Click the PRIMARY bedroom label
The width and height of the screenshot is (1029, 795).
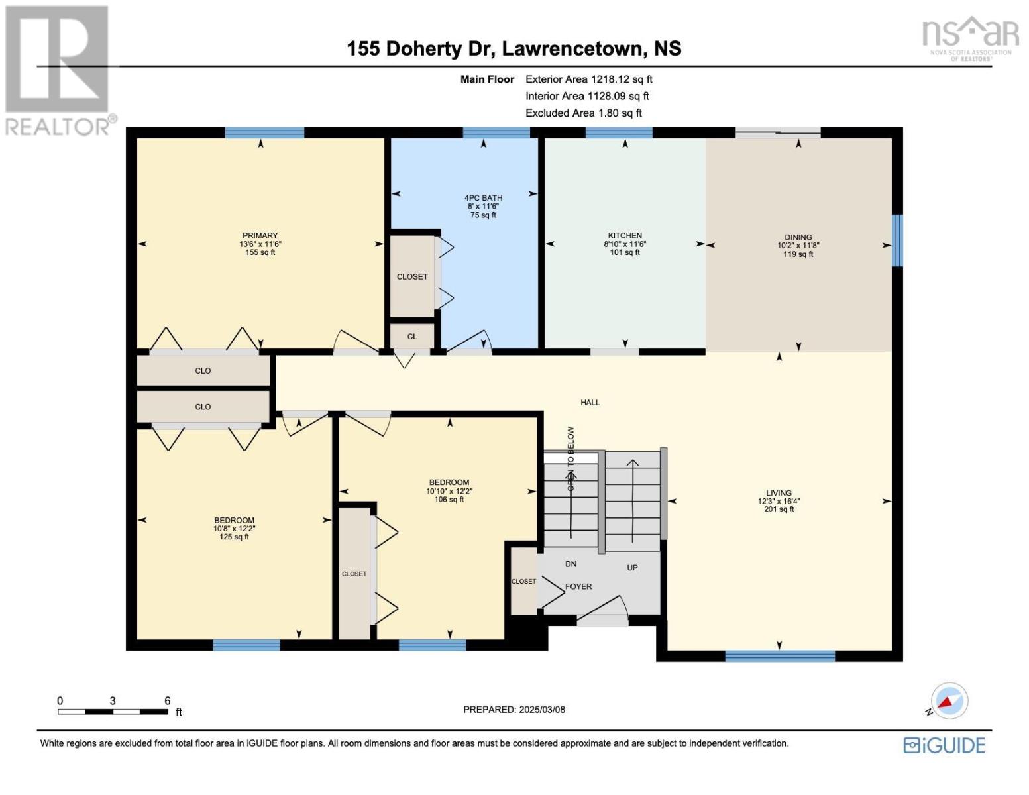pyautogui.click(x=260, y=235)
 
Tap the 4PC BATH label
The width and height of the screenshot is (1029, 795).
pyautogui.click(x=483, y=198)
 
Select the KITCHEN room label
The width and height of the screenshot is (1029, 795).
pyautogui.click(x=625, y=235)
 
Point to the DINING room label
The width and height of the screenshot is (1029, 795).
pyautogui.click(x=798, y=237)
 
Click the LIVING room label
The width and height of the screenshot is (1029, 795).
pyautogui.click(x=779, y=492)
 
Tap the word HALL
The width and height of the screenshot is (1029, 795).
pyautogui.click(x=590, y=403)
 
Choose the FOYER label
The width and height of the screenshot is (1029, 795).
pyautogui.click(x=578, y=586)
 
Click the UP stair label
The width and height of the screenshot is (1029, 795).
pyautogui.click(x=632, y=567)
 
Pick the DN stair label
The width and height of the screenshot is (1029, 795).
pyautogui.click(x=570, y=564)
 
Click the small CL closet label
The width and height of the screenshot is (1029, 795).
pyautogui.click(x=412, y=336)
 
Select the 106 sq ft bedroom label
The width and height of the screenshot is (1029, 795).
pyautogui.click(x=449, y=491)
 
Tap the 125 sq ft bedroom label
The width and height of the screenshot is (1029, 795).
pyautogui.click(x=234, y=529)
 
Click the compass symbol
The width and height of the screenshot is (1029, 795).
pyautogui.click(x=949, y=701)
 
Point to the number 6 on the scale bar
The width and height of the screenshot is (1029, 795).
pyautogui.click(x=167, y=700)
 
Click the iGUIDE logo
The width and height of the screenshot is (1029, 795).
pyautogui.click(x=944, y=745)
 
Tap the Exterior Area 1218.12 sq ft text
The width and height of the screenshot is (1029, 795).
pyautogui.click(x=588, y=79)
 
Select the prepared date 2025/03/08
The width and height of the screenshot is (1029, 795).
pyautogui.click(x=542, y=710)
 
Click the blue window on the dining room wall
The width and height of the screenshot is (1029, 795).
pyautogui.click(x=897, y=240)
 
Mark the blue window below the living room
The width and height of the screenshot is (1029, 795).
pyautogui.click(x=780, y=656)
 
